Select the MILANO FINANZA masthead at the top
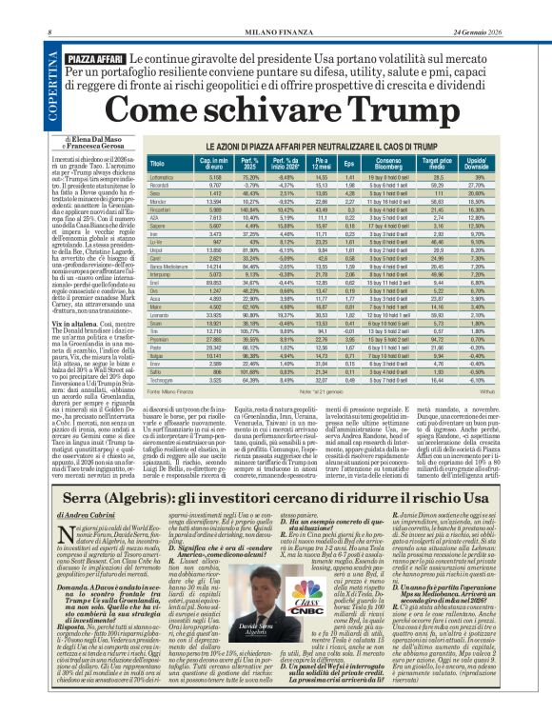pyautogui.click(x=275, y=9)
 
